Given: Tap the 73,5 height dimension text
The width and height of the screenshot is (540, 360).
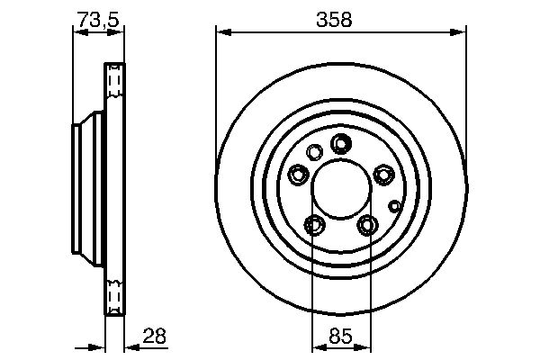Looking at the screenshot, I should tap(96, 17).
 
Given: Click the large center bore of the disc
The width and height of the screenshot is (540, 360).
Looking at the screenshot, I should tap(341, 190).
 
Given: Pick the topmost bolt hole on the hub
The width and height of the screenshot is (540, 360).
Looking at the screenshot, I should tap(341, 143).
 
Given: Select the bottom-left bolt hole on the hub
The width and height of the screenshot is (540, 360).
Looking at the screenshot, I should tap(314, 224).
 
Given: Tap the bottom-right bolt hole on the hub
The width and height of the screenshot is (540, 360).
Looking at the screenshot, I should tap(367, 224).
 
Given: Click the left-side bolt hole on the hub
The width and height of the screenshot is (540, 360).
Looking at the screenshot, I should tap(298, 175).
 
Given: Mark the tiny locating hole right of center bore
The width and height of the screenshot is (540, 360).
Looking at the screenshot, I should tap(393, 205).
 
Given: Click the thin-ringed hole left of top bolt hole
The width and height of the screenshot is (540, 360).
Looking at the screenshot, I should tap(314, 152).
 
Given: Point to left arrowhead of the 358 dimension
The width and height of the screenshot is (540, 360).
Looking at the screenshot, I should tap(221, 33).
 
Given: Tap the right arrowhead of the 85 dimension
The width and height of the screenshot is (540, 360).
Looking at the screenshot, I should tap(365, 348).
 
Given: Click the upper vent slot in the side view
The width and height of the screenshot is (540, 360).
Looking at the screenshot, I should tap(114, 83).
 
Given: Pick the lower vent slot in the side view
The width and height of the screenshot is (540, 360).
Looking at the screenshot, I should tap(114, 295).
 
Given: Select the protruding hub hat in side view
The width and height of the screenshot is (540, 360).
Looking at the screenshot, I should tap(84, 189).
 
